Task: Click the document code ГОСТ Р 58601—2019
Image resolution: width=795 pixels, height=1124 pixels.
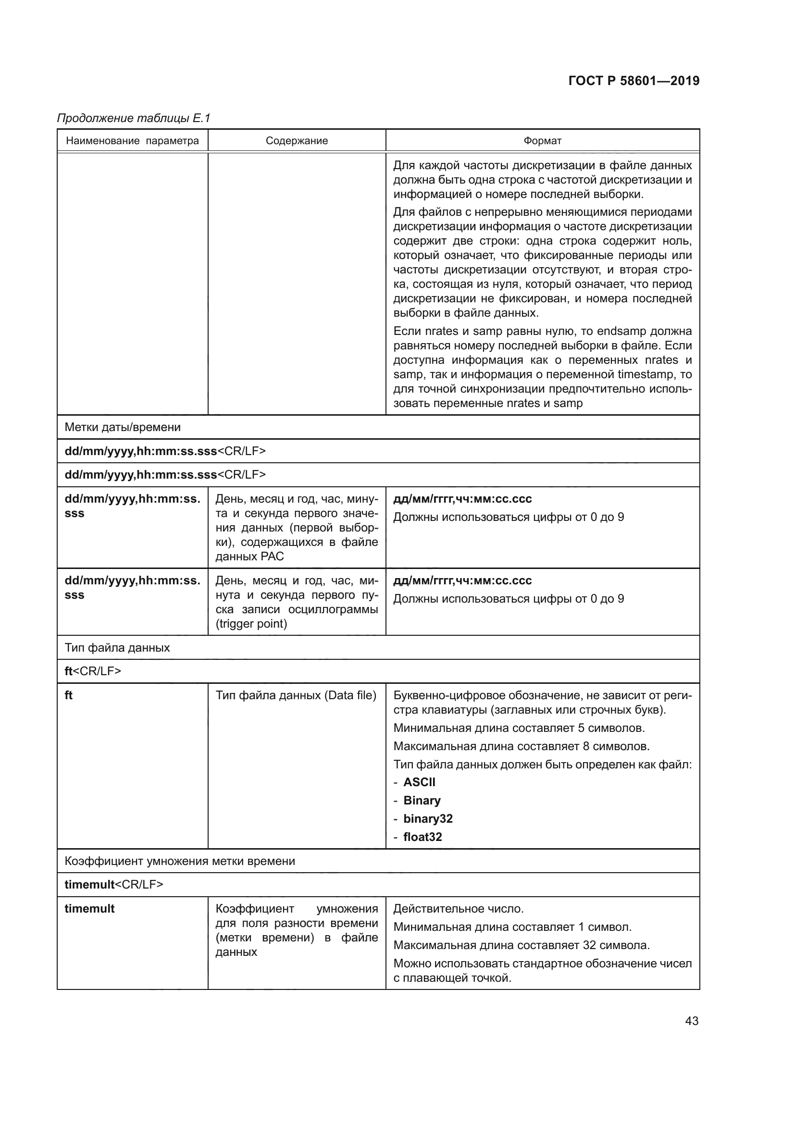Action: coord(634,81)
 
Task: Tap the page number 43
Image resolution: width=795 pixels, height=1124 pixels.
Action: coord(692,1021)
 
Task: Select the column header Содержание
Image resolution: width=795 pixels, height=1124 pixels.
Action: coord(297,141)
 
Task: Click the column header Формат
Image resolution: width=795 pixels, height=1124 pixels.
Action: coord(542,141)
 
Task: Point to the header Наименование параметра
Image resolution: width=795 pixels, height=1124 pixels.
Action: coord(132,141)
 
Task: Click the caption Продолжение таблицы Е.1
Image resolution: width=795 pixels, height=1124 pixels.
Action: coord(134,118)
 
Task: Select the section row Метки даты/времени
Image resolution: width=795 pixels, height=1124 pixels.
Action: coord(123,427)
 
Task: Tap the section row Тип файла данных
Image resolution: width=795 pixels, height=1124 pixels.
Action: coord(117,648)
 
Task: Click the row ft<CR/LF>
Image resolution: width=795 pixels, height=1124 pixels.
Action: coord(92,671)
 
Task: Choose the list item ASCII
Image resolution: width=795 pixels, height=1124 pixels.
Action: coord(419,782)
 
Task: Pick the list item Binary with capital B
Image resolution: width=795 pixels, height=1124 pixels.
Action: coord(422,801)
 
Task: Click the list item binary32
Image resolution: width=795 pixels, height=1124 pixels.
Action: coord(428,818)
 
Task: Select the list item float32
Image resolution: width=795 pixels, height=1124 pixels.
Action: coord(422,837)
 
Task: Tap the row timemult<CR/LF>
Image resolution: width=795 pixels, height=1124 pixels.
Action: coord(113,885)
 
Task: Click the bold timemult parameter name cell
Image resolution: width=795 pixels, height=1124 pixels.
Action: coord(89,909)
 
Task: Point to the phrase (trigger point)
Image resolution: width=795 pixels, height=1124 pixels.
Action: coord(251,624)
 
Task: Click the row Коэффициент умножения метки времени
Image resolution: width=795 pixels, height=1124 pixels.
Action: coord(180,861)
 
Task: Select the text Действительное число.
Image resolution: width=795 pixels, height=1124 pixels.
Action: coord(458,909)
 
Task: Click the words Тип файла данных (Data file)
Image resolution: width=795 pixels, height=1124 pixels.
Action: coord(296,695)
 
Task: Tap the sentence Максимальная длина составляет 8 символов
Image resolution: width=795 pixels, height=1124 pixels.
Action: coord(522,746)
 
